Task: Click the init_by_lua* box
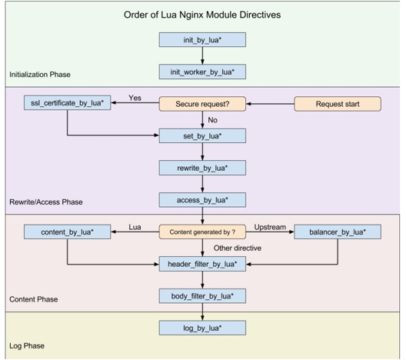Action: pyautogui.click(x=202, y=40)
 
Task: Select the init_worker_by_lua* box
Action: pyautogui.click(x=202, y=72)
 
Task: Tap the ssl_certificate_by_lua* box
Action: pyautogui.click(x=68, y=103)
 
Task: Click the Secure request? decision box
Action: pyautogui.click(x=202, y=104)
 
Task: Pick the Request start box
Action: pyautogui.click(x=338, y=104)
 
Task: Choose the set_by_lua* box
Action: pyautogui.click(x=202, y=135)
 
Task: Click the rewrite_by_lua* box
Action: pyautogui.click(x=202, y=168)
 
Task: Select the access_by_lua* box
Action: pyautogui.click(x=202, y=200)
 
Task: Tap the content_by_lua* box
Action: pyautogui.click(x=68, y=232)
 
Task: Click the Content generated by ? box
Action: pyautogui.click(x=202, y=232)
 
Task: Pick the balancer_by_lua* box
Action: pyautogui.click(x=338, y=232)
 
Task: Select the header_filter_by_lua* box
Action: pyautogui.click(x=202, y=264)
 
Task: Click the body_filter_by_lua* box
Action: pyautogui.click(x=202, y=296)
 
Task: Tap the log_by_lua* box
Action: pyautogui.click(x=202, y=328)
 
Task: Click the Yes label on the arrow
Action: pyautogui.click(x=135, y=98)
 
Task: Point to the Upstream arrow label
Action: pyautogui.click(x=270, y=227)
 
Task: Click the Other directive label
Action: pyautogui.click(x=238, y=248)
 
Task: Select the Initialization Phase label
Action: pyautogui.click(x=40, y=75)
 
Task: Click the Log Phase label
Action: pyautogui.click(x=27, y=345)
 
